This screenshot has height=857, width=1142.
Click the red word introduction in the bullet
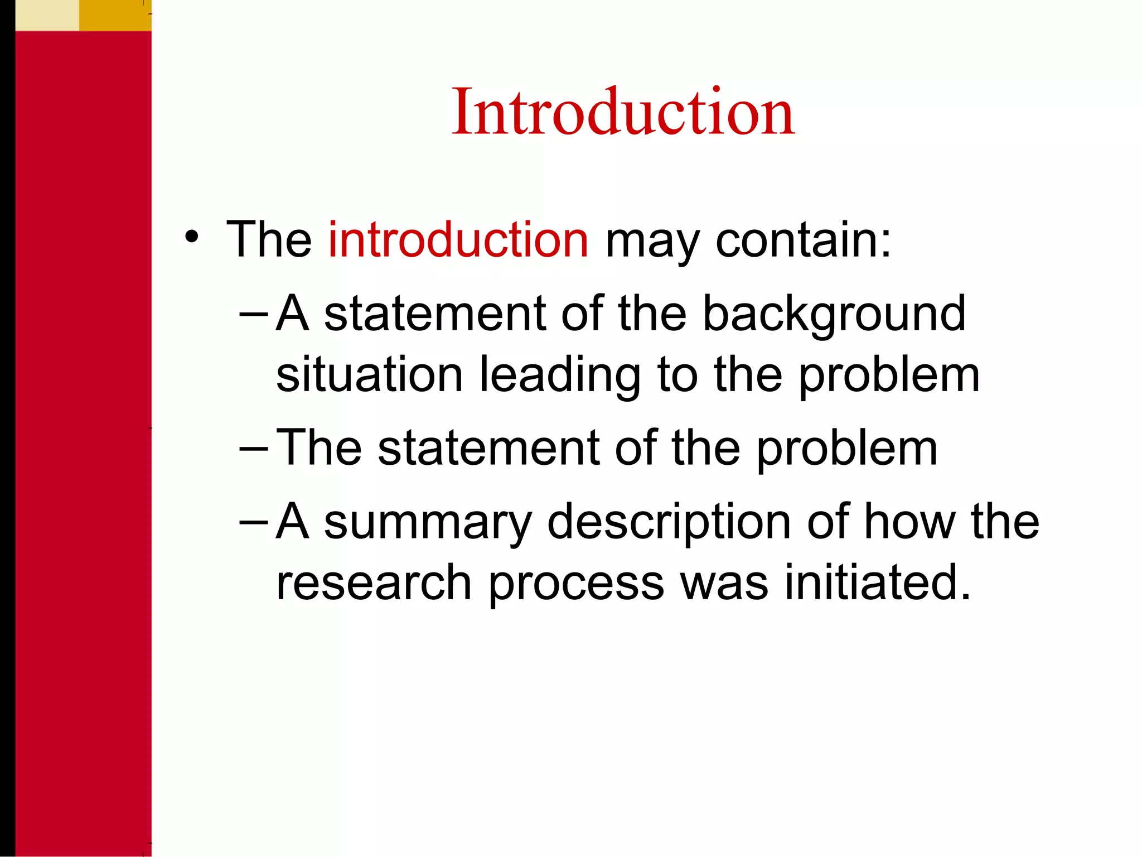coord(458,240)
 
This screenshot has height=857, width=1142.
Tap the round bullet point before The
coord(192,237)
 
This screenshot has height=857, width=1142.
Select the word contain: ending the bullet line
coord(803,240)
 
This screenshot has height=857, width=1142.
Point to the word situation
coord(370,375)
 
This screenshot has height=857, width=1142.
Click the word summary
coord(428,523)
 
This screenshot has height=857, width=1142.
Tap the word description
coord(669,523)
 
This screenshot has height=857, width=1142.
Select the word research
coord(374,583)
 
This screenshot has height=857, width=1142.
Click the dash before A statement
coord(253,314)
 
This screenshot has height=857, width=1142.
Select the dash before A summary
coord(253,522)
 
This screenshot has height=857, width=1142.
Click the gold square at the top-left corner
coord(115,15)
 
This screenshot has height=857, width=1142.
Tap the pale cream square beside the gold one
coord(47,15)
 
